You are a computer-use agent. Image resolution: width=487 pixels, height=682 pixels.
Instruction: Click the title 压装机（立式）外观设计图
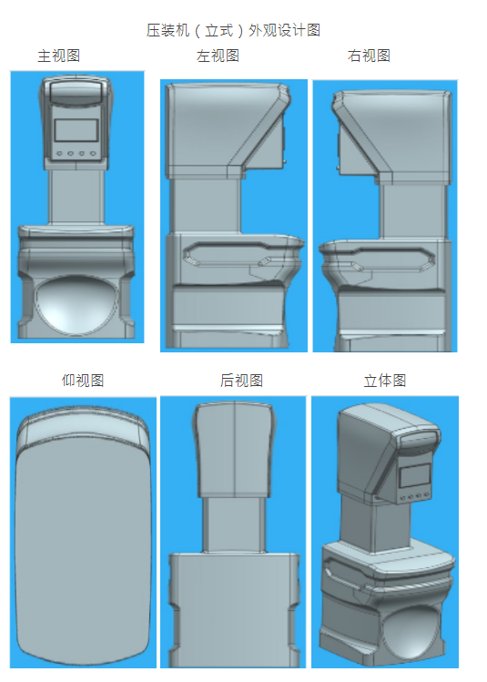(234, 30)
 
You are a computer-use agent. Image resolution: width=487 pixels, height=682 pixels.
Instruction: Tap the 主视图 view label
(58, 56)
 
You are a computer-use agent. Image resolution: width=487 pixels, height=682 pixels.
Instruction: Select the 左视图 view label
(218, 56)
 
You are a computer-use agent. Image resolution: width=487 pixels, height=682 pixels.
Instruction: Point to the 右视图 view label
(369, 56)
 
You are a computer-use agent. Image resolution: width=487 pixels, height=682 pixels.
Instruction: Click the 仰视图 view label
(83, 381)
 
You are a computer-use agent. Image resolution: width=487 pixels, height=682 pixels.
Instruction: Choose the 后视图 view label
(241, 381)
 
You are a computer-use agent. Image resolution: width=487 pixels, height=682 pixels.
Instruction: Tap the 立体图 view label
(385, 381)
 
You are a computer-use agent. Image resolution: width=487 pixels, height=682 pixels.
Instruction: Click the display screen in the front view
(76, 130)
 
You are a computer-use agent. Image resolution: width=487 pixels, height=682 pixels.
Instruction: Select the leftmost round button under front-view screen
(59, 154)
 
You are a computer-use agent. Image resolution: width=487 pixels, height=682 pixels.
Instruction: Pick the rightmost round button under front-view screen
(93, 154)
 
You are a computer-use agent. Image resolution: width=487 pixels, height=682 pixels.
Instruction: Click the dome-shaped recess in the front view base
(76, 304)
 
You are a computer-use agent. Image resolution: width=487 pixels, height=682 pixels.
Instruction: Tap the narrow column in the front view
(76, 197)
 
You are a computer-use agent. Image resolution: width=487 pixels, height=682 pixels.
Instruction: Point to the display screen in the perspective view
(415, 475)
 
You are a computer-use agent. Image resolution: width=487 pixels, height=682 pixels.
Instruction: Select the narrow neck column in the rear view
(234, 525)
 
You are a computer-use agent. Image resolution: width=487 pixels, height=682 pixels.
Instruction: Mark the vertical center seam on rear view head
(235, 449)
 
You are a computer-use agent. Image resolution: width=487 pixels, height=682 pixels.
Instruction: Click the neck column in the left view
(205, 206)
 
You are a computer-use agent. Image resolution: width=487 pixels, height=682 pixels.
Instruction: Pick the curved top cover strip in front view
(76, 91)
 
